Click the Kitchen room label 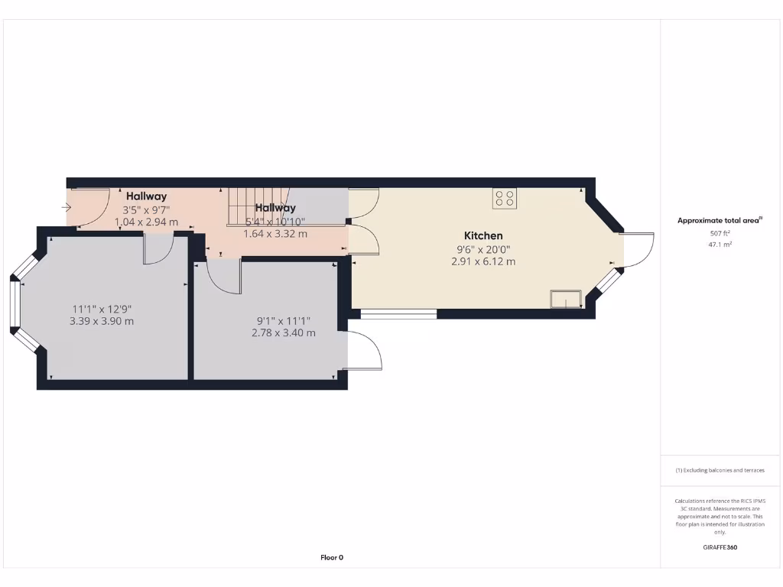tap(483, 235)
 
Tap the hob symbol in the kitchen tap(504, 198)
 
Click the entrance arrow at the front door tap(67, 206)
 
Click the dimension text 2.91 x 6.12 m tap(483, 261)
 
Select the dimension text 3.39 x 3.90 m tap(102, 321)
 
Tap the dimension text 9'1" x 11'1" tap(284, 321)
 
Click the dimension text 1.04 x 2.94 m tap(146, 222)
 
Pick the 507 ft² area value tap(720, 233)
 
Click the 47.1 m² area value tap(720, 245)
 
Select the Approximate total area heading tap(720, 220)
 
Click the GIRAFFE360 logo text tap(720, 547)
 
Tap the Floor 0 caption tap(332, 557)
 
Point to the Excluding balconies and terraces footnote tap(720, 470)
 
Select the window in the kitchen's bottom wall tap(398, 313)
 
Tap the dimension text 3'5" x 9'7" tap(146, 209)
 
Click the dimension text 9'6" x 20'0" tap(483, 249)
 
